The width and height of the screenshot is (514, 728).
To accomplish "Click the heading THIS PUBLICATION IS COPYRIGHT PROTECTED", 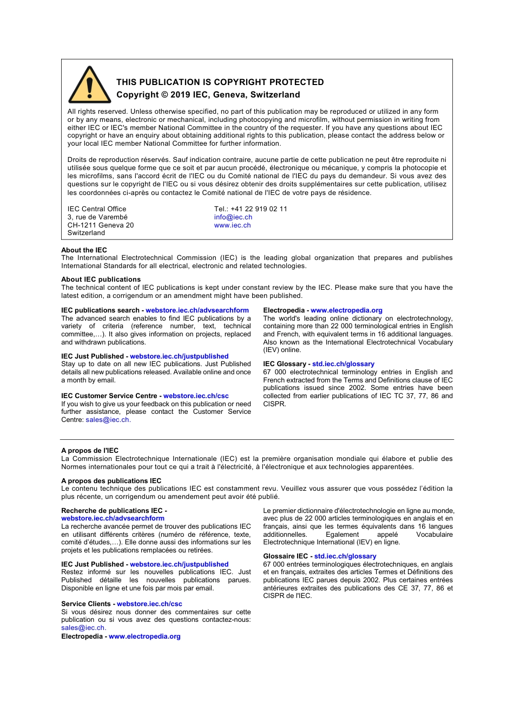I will tap(220, 82).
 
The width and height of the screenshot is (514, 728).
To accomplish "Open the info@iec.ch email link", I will tap(233, 217).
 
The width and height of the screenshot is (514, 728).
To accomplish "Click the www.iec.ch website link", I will tap(232, 225).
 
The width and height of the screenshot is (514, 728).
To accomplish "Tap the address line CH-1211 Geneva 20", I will tap(101, 225).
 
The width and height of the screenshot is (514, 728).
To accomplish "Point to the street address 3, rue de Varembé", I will tap(97, 217).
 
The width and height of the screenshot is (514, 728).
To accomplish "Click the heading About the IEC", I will tap(84, 250).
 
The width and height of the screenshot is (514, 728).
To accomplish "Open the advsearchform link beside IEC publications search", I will tap(197, 310).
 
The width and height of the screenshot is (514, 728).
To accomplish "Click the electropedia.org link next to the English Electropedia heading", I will tap(346, 310).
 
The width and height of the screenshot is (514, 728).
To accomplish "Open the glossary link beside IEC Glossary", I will tap(343, 364).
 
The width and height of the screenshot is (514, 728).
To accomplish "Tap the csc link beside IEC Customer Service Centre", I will tap(196, 396).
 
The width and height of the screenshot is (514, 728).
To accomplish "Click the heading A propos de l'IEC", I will tap(90, 451).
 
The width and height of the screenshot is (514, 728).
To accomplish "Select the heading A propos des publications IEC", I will tap(111, 481).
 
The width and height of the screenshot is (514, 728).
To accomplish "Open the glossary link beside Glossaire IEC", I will tap(345, 556).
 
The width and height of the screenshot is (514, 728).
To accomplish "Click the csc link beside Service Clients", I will tap(149, 604).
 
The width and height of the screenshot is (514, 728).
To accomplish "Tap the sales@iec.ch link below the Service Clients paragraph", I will tap(83, 628).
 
